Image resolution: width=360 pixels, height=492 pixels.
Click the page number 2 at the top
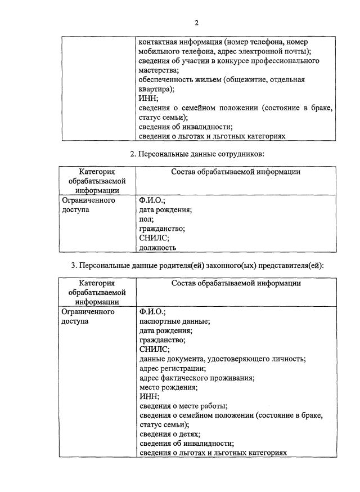point(196,23)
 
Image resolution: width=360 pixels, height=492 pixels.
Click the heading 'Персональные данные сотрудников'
point(197,154)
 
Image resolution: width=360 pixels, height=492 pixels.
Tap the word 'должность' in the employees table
point(157,247)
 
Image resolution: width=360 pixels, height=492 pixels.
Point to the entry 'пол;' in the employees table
point(146,219)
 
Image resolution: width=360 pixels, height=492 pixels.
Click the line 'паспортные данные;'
point(174,321)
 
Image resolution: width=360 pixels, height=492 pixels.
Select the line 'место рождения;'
point(168,387)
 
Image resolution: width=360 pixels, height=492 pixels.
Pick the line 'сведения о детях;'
point(170,434)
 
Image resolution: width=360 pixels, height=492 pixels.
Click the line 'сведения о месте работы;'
point(183,405)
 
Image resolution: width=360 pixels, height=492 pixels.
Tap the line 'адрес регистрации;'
point(172,368)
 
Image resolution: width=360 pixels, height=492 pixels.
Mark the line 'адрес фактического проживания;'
point(196,378)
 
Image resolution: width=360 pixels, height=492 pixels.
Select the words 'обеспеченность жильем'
point(180,80)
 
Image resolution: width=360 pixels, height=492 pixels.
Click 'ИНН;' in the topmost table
point(148,99)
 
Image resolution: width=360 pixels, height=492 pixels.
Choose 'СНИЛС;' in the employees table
point(154,238)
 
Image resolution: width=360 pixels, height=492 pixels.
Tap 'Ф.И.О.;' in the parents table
point(152,311)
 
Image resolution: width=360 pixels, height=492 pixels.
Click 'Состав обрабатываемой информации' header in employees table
point(236,172)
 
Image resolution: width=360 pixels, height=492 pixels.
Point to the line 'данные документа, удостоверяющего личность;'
point(222,359)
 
